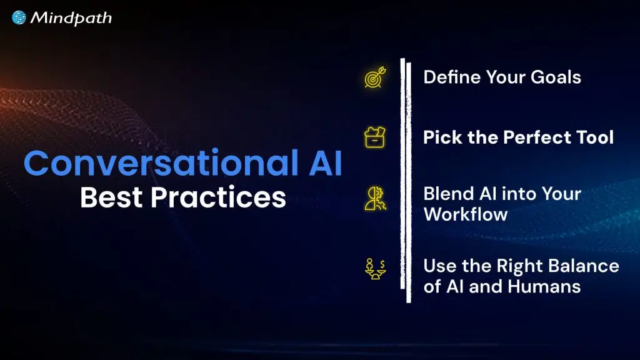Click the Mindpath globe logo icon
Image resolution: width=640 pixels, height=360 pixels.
[x=19, y=18]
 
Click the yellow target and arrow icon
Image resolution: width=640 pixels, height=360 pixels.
[x=375, y=77]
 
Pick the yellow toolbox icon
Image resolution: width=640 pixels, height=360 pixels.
[x=375, y=137]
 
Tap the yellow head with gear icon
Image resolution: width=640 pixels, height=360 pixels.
[x=375, y=199]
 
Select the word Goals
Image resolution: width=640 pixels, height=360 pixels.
[x=556, y=77]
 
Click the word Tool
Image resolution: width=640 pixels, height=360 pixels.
[x=593, y=137]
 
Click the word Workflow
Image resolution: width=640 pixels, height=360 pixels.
[x=465, y=214]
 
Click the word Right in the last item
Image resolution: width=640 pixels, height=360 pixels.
[x=519, y=266]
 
